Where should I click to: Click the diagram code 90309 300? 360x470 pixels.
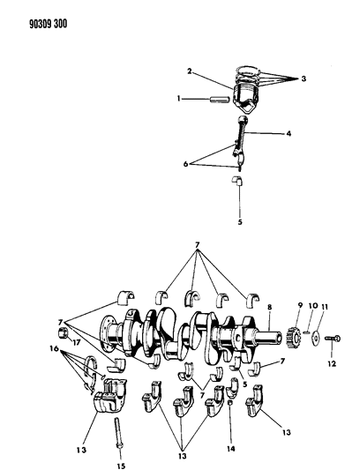point(49,24)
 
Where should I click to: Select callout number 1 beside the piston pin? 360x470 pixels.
point(179,98)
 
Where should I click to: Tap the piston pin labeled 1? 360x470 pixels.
point(221,100)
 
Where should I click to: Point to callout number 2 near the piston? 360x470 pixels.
point(190,71)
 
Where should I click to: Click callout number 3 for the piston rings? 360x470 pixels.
point(304,78)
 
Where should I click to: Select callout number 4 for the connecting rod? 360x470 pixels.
point(289,133)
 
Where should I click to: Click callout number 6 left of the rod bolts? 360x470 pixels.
point(185,164)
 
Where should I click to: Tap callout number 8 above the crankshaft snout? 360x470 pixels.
point(269,307)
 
